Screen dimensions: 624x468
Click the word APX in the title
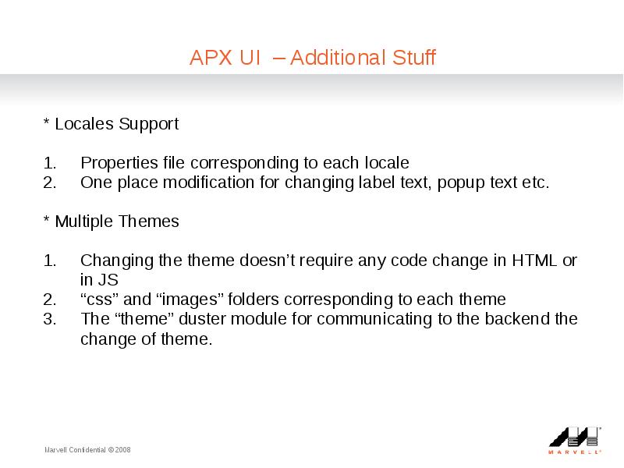211,57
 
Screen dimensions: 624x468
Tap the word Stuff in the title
414,57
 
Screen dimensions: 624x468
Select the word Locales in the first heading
84,123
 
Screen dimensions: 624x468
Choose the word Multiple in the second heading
84,222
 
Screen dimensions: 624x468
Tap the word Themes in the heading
149,222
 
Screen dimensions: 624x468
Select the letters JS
108,280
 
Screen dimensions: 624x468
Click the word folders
253,300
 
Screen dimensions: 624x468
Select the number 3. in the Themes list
50,319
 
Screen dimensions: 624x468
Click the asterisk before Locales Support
47,121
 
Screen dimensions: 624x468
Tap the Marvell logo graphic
575,440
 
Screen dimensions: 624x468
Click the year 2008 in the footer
123,450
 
